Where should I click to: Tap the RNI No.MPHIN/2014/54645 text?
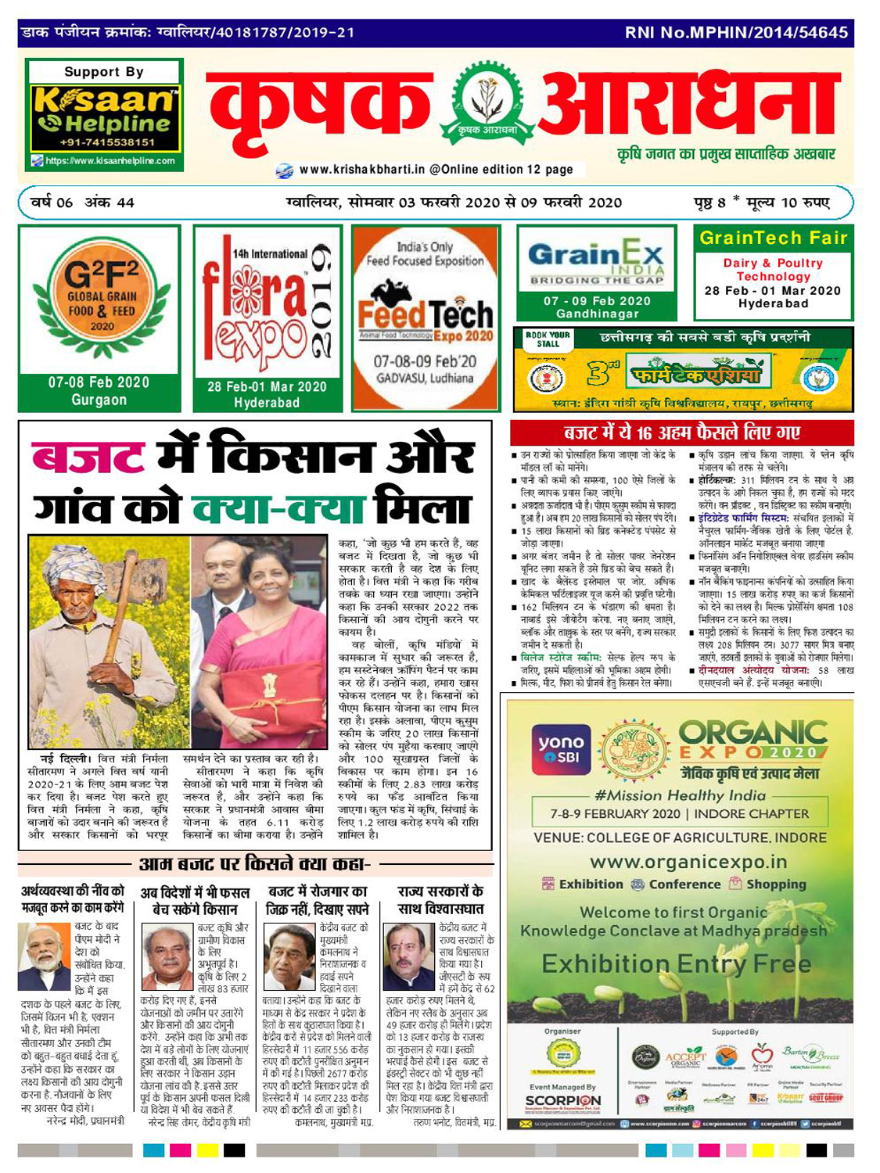pos(736,33)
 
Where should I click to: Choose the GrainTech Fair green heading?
pos(773,239)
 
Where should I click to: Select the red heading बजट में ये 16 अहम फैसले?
pos(681,433)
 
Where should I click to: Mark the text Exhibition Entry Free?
pos(676,963)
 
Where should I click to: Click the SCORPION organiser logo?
pos(563,1101)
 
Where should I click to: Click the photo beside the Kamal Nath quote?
pos(289,956)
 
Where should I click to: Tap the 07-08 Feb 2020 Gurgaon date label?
pos(99,390)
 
